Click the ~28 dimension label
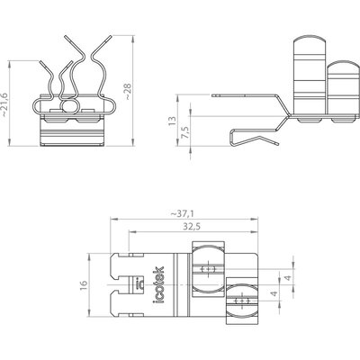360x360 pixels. (128, 92)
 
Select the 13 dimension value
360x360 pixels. (172, 121)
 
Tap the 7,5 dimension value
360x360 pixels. (185, 132)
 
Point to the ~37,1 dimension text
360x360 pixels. (183, 213)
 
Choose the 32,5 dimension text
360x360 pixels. (192, 227)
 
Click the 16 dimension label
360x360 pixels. (84, 285)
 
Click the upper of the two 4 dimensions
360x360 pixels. (287, 278)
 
